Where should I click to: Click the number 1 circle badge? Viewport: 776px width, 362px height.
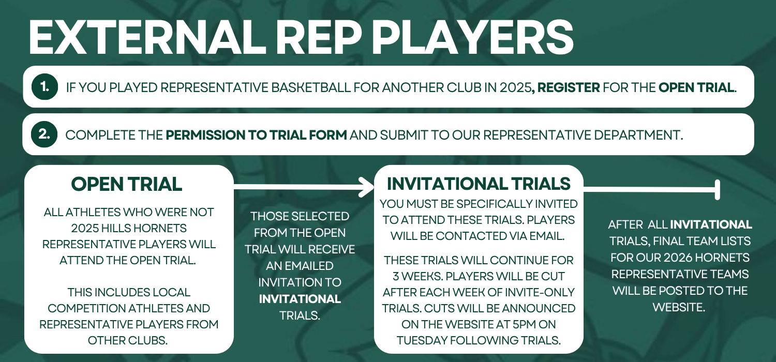click(x=44, y=86)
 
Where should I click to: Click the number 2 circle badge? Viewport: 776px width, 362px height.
click(x=44, y=134)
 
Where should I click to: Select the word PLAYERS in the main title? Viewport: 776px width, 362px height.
click(x=472, y=37)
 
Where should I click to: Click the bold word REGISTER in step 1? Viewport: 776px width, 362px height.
click(x=569, y=87)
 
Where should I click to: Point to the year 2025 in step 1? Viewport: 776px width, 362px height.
click(x=515, y=87)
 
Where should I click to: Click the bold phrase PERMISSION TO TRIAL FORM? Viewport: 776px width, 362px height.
click(x=257, y=135)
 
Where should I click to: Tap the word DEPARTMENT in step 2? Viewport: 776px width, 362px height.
click(x=638, y=135)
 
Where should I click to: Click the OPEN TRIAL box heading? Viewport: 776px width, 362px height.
click(x=126, y=184)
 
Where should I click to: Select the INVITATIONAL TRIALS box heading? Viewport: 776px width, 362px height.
click(x=479, y=184)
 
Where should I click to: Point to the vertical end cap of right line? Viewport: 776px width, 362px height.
click(x=718, y=189)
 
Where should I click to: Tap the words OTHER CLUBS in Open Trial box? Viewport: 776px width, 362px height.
click(x=127, y=340)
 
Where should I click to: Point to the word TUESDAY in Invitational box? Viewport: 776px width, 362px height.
click(x=422, y=340)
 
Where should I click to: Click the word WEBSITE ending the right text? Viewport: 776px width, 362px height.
click(x=679, y=307)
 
